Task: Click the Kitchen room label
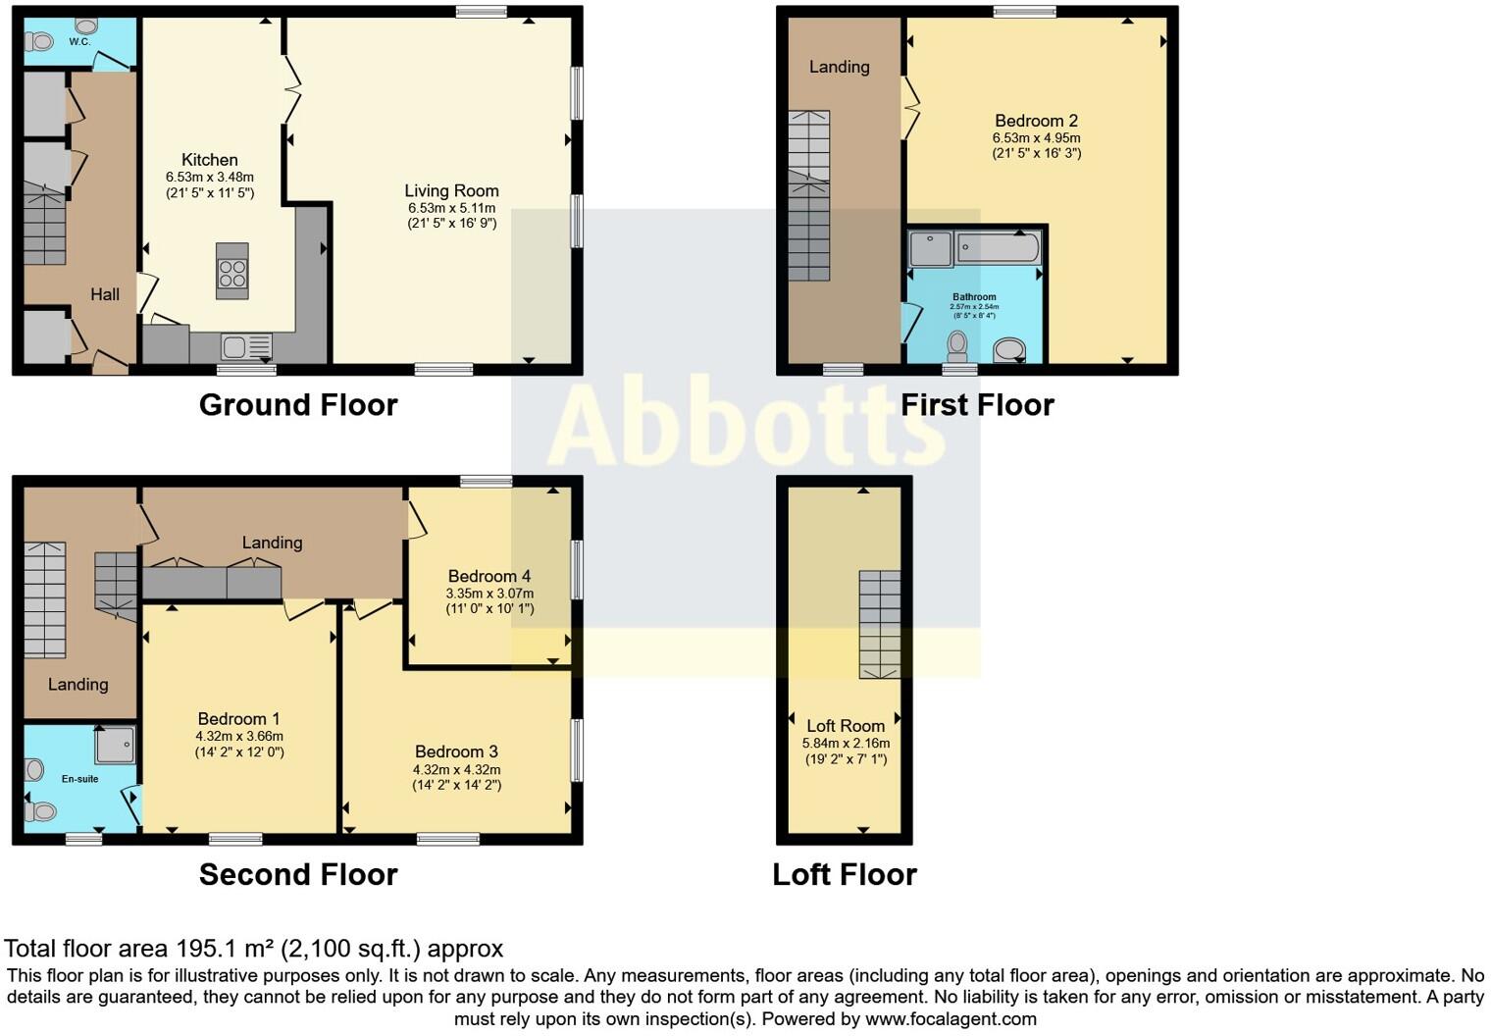coord(209,160)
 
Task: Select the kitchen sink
coord(233,346)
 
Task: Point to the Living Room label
coord(451,191)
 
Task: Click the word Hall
coord(105,294)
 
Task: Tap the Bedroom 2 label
coord(1036,121)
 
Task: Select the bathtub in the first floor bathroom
coord(999,247)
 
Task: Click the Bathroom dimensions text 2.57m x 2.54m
coord(973,307)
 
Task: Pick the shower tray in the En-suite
coord(114,746)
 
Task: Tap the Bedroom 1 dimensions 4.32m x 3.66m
coord(239,736)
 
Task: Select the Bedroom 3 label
coord(456,752)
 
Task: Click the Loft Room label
coord(845,726)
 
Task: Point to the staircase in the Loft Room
coord(879,624)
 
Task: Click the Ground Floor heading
coord(298,405)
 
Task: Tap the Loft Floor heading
coord(844,874)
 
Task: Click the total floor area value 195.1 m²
coord(225,949)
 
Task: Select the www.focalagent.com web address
coord(951,1018)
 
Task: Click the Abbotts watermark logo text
coord(745,425)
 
